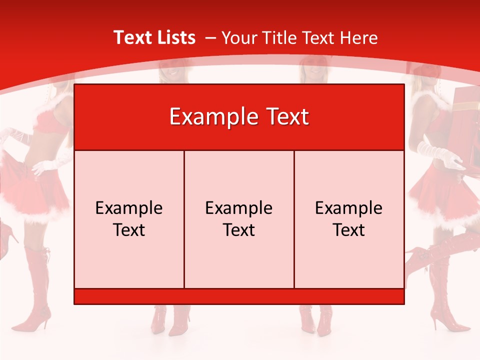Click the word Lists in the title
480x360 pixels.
tap(174, 37)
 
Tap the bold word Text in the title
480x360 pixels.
tap(132, 37)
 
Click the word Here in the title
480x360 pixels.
tap(358, 37)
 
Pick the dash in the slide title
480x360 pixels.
tap(210, 38)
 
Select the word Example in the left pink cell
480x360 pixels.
tap(129, 208)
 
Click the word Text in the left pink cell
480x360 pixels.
tap(129, 230)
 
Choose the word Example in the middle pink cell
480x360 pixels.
tap(239, 208)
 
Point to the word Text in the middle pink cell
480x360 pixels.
tap(239, 230)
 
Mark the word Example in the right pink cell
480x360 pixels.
tap(349, 208)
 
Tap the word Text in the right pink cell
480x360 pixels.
tap(349, 230)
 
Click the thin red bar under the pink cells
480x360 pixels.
tap(239, 296)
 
